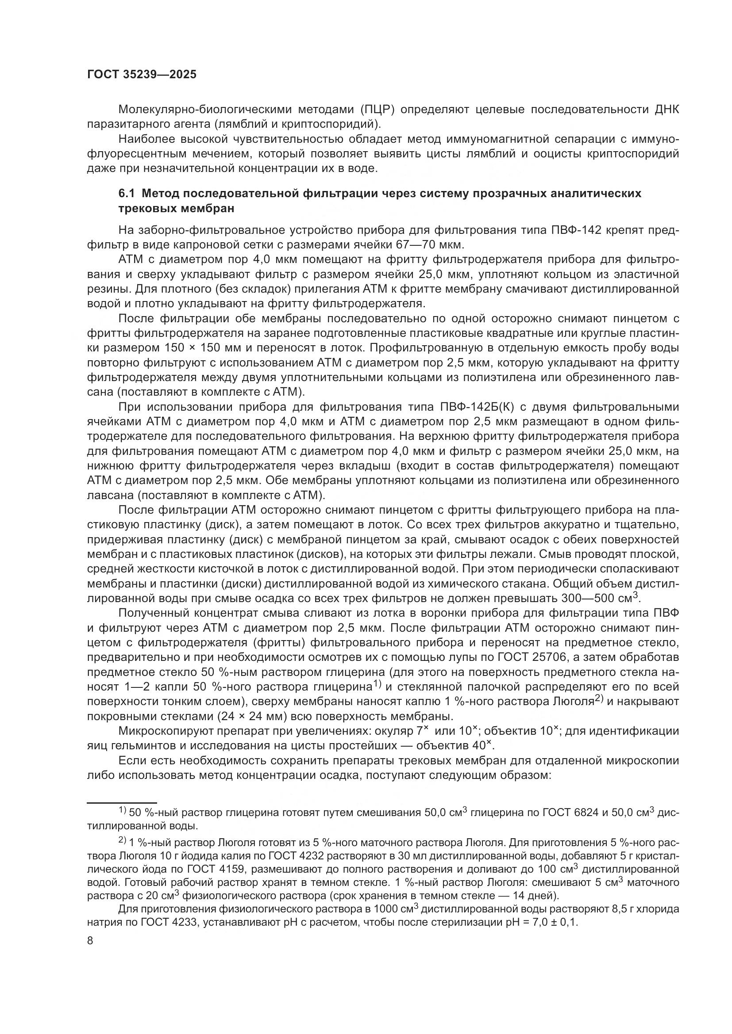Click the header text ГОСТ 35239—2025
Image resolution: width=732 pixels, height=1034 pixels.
142,75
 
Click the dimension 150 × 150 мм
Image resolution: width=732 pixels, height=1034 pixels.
202,348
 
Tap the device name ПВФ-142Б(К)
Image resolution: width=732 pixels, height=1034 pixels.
480,407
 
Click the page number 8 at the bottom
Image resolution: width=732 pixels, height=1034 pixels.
90,941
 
